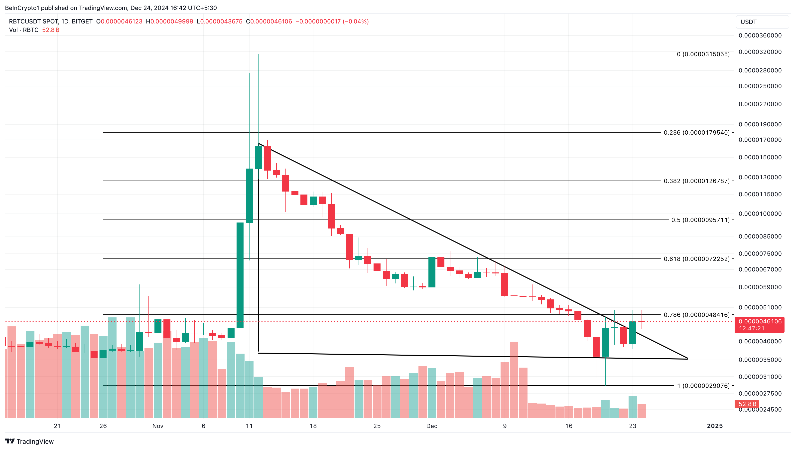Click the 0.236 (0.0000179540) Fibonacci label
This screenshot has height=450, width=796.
[x=696, y=133]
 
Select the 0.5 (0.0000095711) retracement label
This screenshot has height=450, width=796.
[x=700, y=220]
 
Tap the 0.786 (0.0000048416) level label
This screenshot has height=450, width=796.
[x=696, y=315]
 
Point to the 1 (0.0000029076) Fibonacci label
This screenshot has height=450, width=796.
[x=703, y=386]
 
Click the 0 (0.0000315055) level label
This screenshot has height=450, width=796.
[x=703, y=54]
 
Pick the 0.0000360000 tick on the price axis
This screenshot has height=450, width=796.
[x=760, y=35]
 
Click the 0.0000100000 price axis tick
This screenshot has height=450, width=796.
[x=760, y=214]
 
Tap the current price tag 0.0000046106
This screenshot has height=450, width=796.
[x=760, y=322]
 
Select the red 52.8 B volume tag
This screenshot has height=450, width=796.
[x=747, y=404]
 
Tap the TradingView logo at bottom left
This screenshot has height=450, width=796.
[x=29, y=441]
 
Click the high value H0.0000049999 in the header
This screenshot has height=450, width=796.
[x=169, y=21]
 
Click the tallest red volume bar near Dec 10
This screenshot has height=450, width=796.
[x=514, y=380]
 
